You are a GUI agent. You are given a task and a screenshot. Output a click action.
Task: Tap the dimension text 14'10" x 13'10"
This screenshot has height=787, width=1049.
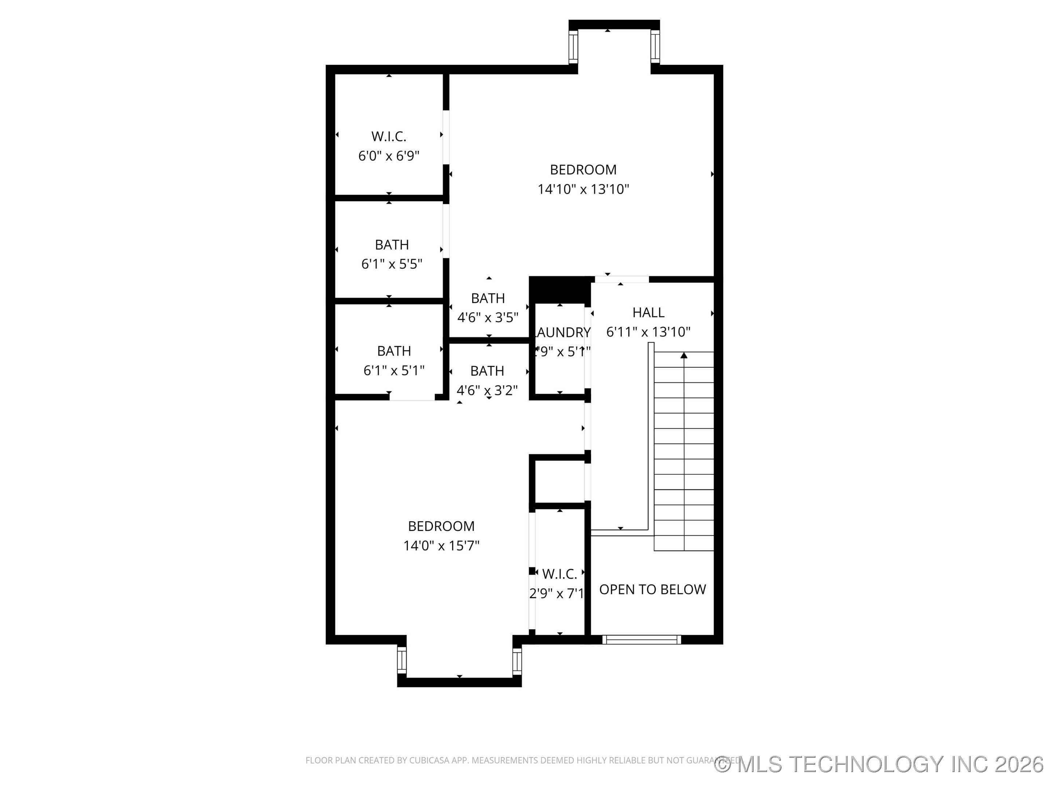pyautogui.click(x=583, y=189)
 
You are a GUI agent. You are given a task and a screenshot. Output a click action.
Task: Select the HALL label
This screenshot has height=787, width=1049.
pyautogui.click(x=648, y=312)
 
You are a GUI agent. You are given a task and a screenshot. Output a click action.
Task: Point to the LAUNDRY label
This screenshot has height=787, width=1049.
pyautogui.click(x=562, y=332)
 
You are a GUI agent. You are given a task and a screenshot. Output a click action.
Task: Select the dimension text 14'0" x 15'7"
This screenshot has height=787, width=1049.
pyautogui.click(x=441, y=545)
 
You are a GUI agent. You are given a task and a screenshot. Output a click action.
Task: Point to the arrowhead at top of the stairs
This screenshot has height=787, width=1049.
pyautogui.click(x=683, y=355)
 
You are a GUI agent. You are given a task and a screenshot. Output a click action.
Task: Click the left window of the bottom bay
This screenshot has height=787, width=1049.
pyautogui.click(x=402, y=660)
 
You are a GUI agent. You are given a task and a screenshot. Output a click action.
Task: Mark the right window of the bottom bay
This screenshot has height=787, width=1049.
pyautogui.click(x=517, y=661)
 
